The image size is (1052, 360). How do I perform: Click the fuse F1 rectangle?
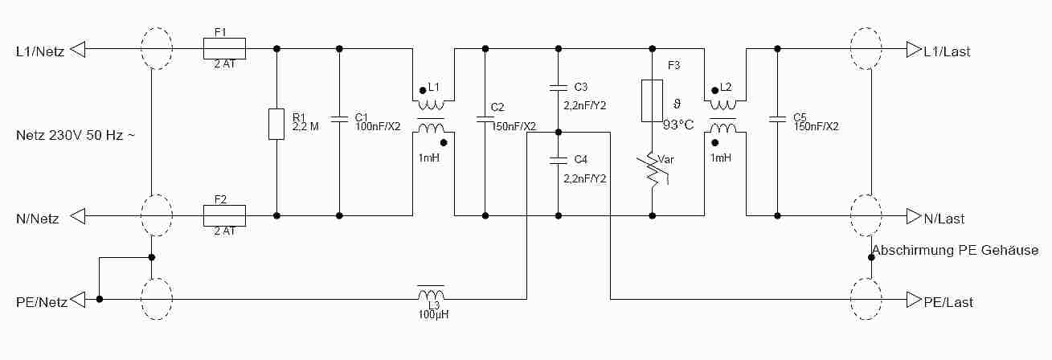point(224,48)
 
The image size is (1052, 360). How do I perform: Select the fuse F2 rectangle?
point(224,215)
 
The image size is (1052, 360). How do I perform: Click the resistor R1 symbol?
point(276,124)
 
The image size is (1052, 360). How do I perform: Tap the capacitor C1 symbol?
point(339,118)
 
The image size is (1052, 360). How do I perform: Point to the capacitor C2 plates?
point(485,118)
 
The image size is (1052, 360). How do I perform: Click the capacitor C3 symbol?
point(557,86)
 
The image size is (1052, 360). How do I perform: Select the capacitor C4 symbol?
point(557,159)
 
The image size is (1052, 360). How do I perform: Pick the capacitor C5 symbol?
point(777,118)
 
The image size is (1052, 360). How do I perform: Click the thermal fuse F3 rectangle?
point(652,100)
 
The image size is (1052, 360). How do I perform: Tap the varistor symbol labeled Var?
point(653,171)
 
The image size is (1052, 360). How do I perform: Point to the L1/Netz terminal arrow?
point(78,50)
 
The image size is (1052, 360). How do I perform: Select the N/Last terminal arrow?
point(914,216)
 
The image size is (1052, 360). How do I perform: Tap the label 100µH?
point(432,314)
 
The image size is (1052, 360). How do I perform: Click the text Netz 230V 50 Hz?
point(75,135)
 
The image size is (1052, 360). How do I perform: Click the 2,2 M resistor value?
point(306,126)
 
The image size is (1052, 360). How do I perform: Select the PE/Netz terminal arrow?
point(78,300)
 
